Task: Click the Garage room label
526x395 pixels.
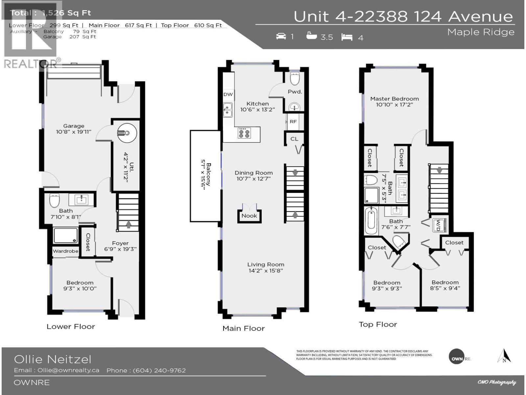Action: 74,126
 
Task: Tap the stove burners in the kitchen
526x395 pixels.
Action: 244,133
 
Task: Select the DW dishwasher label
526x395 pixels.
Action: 228,94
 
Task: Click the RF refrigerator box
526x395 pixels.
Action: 293,122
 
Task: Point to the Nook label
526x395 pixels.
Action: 249,216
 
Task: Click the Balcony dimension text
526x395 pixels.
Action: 205,176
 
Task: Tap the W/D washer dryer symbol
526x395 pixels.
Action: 438,225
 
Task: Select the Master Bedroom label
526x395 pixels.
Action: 394,99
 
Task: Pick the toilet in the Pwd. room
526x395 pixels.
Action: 295,79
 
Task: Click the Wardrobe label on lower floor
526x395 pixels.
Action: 65,251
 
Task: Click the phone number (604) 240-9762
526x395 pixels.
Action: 159,371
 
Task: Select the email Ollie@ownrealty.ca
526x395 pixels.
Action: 68,370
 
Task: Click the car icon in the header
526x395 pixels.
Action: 281,36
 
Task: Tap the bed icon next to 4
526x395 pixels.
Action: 347,37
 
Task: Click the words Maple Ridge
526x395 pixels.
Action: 481,32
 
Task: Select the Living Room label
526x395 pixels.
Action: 266,265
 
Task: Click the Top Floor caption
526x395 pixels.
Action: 378,325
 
